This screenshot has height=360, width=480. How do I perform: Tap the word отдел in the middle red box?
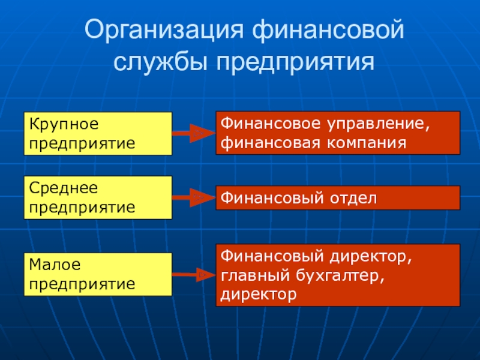353,197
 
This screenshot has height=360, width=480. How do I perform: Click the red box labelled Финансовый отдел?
338,197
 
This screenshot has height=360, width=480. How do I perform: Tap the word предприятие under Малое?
82,283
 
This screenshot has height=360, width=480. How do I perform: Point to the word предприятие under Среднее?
82,208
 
